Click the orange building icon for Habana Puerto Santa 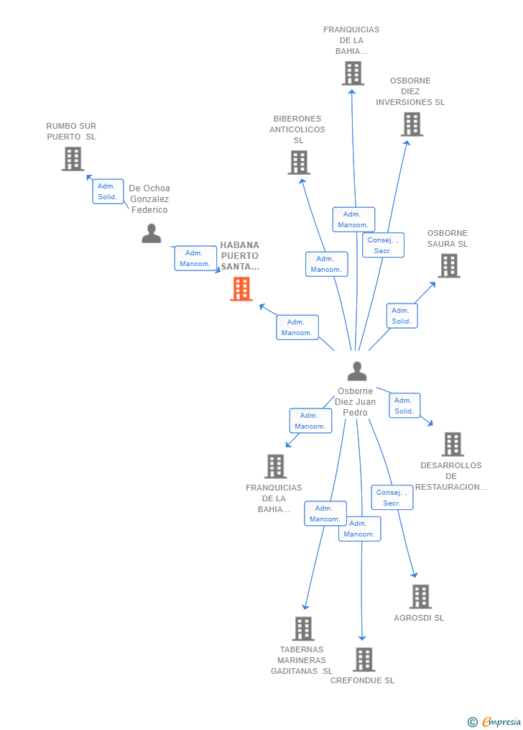(x=241, y=289)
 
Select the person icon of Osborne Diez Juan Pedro (x=357, y=371)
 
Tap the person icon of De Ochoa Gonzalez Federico (x=151, y=233)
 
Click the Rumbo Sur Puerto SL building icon (x=73, y=159)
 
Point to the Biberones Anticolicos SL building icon (x=299, y=163)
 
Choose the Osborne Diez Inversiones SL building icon (x=412, y=124)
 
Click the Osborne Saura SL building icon (x=449, y=266)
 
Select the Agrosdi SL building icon (x=421, y=597)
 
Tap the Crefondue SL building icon (x=364, y=660)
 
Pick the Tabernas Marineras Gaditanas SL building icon (x=303, y=629)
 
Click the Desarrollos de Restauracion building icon (x=453, y=444)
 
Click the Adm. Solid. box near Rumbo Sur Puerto (x=108, y=191)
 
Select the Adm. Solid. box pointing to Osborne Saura (x=402, y=316)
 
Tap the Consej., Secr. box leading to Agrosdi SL (x=392, y=497)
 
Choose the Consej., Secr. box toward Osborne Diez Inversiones (x=383, y=245)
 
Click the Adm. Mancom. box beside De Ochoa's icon (x=195, y=258)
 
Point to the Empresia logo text (x=501, y=721)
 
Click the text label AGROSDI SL (x=419, y=618)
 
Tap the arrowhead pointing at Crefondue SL (x=362, y=638)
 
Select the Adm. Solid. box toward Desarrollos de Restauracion (x=404, y=406)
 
